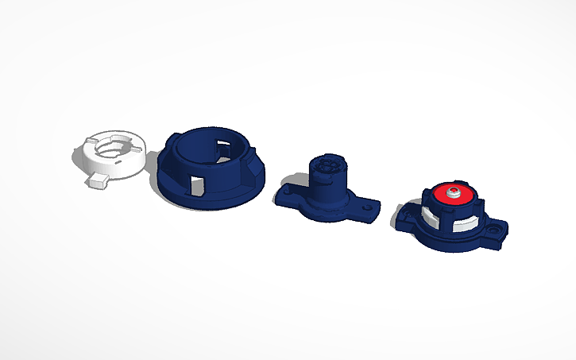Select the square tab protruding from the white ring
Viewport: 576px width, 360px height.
point(98,181)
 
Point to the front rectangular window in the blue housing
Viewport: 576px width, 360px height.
point(197,184)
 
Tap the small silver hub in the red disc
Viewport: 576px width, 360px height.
point(454,192)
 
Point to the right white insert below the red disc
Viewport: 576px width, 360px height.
point(469,222)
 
